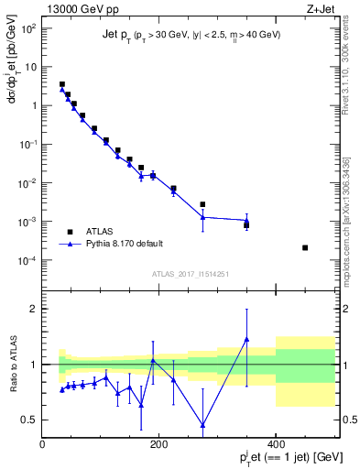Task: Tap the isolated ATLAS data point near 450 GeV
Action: click(305, 247)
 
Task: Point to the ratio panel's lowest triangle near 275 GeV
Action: click(202, 425)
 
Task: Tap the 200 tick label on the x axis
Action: click(159, 445)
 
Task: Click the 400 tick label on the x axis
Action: click(276, 445)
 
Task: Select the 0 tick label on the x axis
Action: click(43, 445)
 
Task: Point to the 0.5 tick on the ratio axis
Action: click(31, 420)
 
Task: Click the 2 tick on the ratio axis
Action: click(35, 309)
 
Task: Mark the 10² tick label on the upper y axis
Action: click(30, 28)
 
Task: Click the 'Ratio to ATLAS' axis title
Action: click(12, 365)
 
